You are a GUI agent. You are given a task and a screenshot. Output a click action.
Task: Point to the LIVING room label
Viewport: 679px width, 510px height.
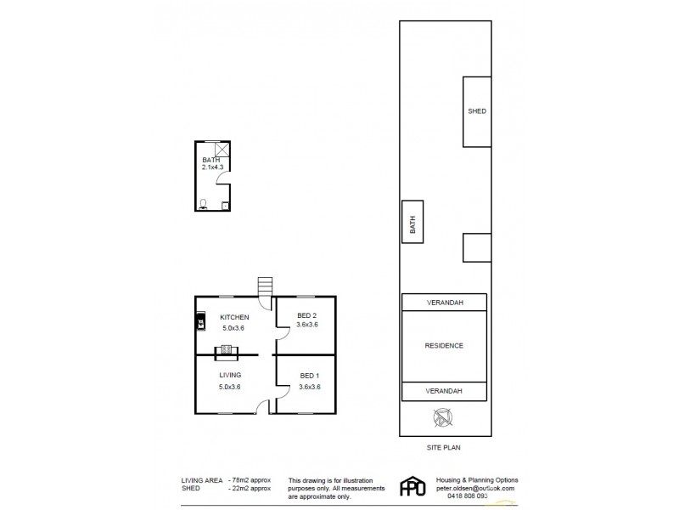pos(229,375)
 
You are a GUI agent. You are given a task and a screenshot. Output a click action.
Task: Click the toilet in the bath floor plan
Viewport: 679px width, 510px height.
pos(203,203)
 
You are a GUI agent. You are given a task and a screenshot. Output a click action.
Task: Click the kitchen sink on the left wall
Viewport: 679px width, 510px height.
pos(200,321)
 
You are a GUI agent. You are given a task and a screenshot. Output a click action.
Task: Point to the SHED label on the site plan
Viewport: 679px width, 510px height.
pos(477,111)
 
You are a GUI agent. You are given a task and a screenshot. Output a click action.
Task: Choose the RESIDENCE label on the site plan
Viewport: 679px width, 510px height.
pos(444,346)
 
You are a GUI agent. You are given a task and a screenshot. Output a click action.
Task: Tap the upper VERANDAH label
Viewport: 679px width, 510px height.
pos(444,303)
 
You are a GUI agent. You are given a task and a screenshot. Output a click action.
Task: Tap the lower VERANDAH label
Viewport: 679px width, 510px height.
pos(444,391)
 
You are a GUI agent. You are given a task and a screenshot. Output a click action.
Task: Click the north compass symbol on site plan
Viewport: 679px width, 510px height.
pos(442,417)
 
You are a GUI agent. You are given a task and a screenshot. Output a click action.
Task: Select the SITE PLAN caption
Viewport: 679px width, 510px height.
pos(444,446)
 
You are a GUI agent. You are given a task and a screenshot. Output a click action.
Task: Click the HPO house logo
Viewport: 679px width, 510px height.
pos(412,487)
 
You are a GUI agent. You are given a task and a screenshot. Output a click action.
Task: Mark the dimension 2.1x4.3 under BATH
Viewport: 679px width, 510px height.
pos(212,167)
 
